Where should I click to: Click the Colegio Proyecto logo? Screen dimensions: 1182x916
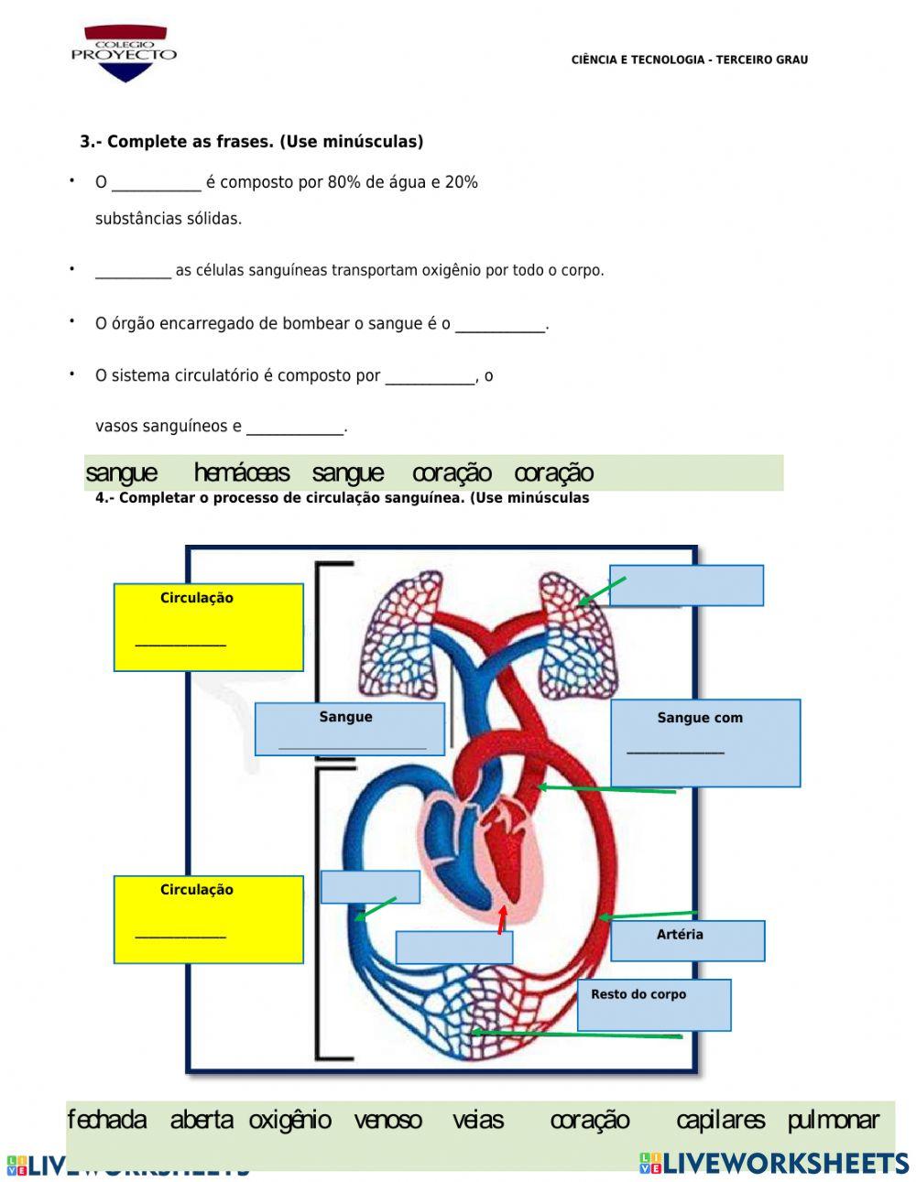(125, 53)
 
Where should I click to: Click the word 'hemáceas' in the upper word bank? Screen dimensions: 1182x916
(242, 473)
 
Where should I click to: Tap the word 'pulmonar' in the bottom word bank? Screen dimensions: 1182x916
(833, 1120)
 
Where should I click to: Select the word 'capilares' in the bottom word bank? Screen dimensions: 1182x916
(720, 1120)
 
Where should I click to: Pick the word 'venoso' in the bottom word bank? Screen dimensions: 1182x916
(387, 1120)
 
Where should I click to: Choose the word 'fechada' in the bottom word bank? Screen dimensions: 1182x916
(106, 1120)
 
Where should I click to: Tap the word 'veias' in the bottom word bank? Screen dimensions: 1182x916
(478, 1120)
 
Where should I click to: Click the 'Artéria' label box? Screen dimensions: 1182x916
(687, 940)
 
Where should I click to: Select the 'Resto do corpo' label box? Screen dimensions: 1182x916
(654, 1004)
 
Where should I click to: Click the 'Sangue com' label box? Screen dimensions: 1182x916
(705, 743)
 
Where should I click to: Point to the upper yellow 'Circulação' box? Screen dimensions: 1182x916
(208, 627)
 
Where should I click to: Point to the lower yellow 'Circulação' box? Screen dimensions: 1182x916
(208, 919)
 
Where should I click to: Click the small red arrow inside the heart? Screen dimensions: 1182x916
(501, 919)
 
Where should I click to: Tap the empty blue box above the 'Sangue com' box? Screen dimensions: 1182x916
(686, 585)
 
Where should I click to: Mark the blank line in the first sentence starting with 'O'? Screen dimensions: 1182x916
(156, 183)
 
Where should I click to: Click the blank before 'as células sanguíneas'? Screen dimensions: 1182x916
(133, 271)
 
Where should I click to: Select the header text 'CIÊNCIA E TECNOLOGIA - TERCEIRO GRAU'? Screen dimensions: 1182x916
(689, 60)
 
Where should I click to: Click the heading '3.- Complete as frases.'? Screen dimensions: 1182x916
(251, 142)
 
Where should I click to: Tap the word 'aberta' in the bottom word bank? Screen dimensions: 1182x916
(202, 1120)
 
